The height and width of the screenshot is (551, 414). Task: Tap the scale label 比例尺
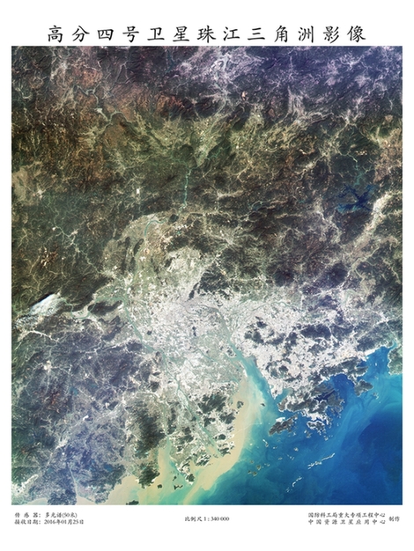point(196,518)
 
